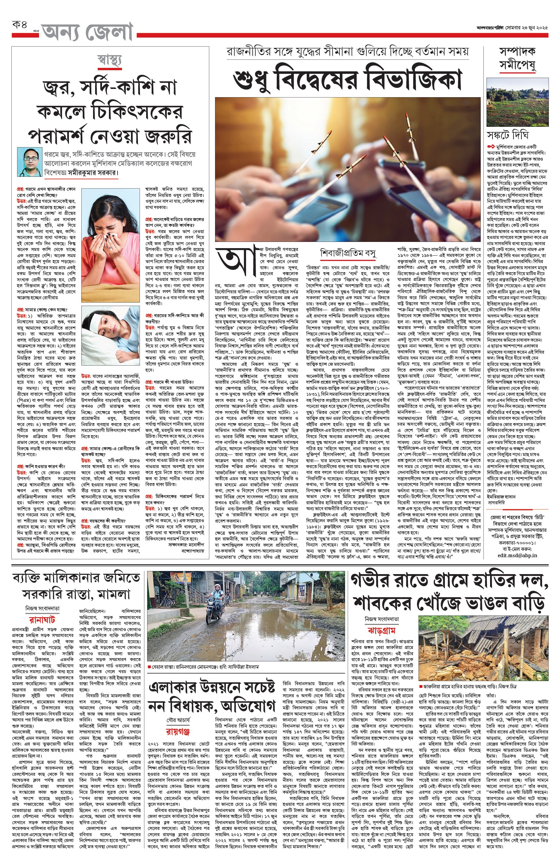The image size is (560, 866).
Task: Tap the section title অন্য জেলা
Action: click(87, 32)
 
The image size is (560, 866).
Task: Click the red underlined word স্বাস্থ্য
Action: click(110, 60)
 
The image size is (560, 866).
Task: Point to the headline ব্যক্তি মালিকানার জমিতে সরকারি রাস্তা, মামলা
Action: click(77, 586)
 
